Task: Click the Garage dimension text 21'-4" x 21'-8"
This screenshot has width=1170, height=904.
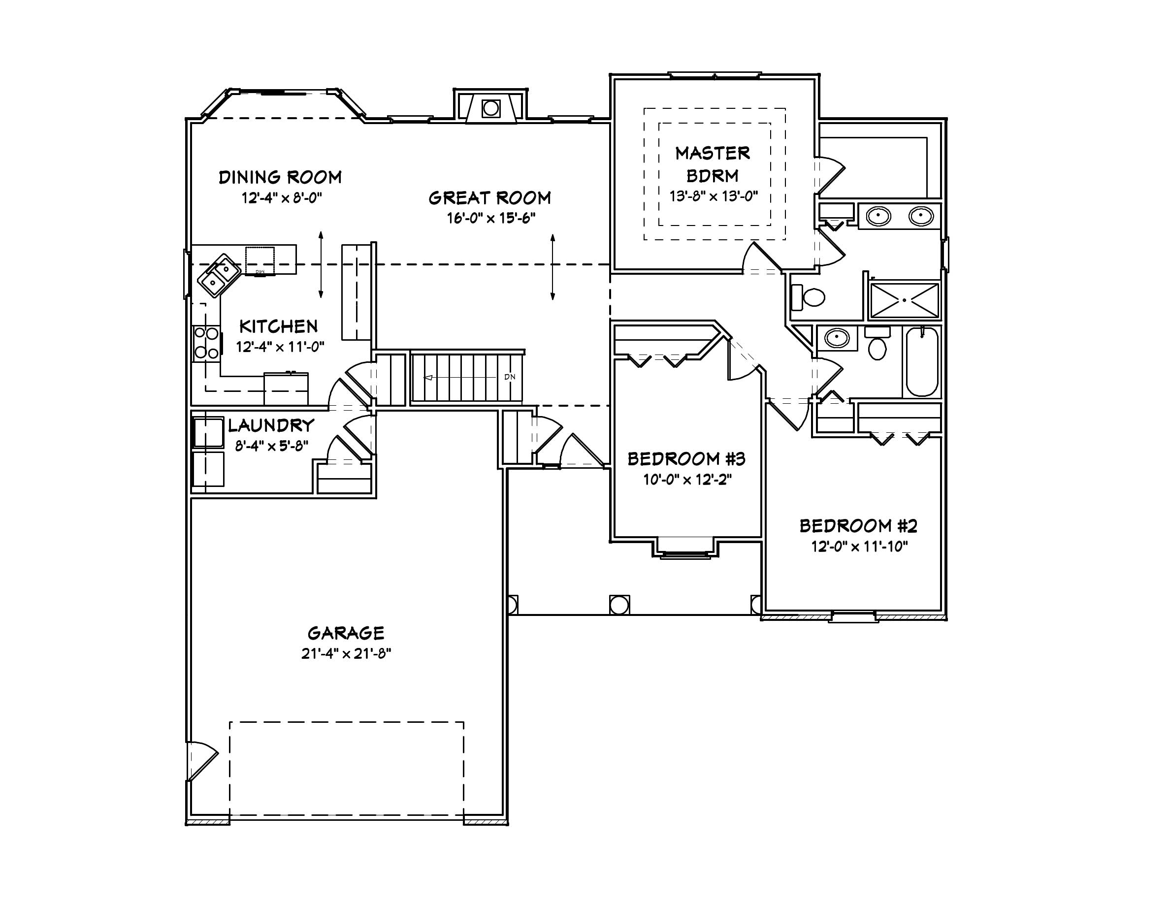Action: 346,654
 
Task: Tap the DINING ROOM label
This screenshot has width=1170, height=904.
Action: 280,177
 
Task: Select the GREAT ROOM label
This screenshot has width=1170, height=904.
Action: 489,198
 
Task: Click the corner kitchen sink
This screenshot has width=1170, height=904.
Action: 220,274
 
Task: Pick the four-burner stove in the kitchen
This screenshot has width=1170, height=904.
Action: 206,343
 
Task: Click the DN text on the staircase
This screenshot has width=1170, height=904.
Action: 510,377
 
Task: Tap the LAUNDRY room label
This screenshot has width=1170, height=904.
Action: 271,426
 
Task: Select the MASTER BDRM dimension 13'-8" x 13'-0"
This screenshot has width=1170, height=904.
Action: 714,196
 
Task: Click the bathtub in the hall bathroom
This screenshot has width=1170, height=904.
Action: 921,362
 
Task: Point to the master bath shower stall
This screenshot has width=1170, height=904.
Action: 904,300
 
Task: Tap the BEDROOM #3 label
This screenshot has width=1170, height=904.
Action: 686,459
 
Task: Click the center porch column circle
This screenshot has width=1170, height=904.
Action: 619,605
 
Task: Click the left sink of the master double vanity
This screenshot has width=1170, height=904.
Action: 878,216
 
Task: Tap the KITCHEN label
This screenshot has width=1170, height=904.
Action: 278,326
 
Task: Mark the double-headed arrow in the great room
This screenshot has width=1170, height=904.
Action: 552,267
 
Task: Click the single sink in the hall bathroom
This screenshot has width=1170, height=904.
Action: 836,338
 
